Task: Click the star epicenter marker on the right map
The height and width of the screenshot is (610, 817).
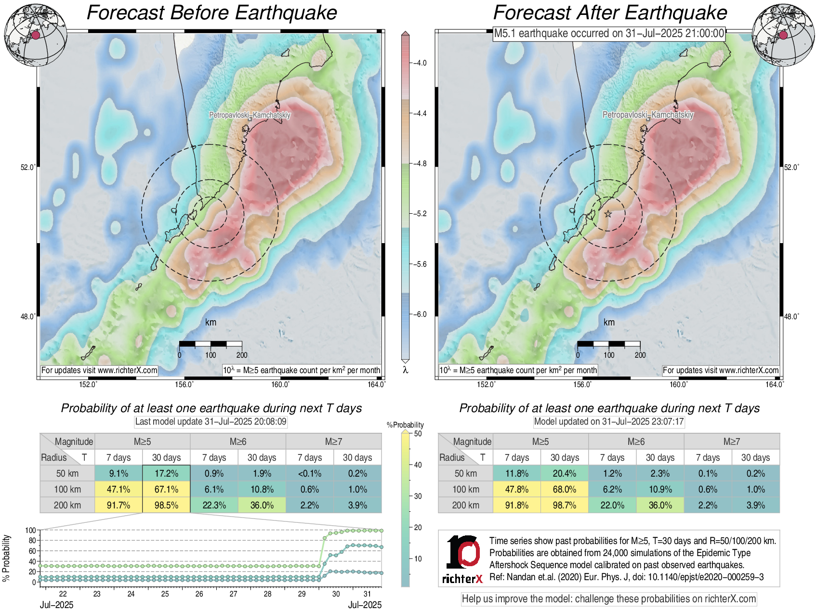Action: [x=608, y=214]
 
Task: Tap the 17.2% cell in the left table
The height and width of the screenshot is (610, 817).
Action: [x=166, y=473]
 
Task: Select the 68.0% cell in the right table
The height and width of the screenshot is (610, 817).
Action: [x=565, y=489]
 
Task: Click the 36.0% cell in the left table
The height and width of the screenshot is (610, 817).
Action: [x=262, y=505]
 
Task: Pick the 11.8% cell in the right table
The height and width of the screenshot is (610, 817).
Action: [x=517, y=473]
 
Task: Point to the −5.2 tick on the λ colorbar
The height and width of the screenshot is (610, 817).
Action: [x=420, y=214]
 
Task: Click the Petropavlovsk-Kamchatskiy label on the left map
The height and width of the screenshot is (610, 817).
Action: [x=250, y=115]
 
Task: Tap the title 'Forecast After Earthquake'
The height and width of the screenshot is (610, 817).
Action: [x=610, y=13]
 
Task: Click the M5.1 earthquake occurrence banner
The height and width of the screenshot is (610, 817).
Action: [x=609, y=33]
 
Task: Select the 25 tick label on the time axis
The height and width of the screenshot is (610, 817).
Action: [x=165, y=594]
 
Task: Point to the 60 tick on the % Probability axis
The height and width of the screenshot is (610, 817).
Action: [x=32, y=551]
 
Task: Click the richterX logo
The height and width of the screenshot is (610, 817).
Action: [x=462, y=558]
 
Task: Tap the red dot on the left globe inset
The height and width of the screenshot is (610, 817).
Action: [x=36, y=35]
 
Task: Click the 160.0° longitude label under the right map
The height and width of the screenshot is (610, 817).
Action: [x=678, y=384]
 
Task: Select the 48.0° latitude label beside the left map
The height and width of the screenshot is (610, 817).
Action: [x=27, y=316]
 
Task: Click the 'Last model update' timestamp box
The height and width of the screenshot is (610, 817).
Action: [x=211, y=422]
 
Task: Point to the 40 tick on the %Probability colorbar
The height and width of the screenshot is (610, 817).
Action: [x=418, y=465]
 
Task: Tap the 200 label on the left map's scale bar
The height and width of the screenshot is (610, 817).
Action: [x=242, y=355]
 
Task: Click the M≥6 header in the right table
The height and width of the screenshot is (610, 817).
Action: [x=636, y=441]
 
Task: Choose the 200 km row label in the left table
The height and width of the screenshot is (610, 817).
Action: [x=67, y=505]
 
